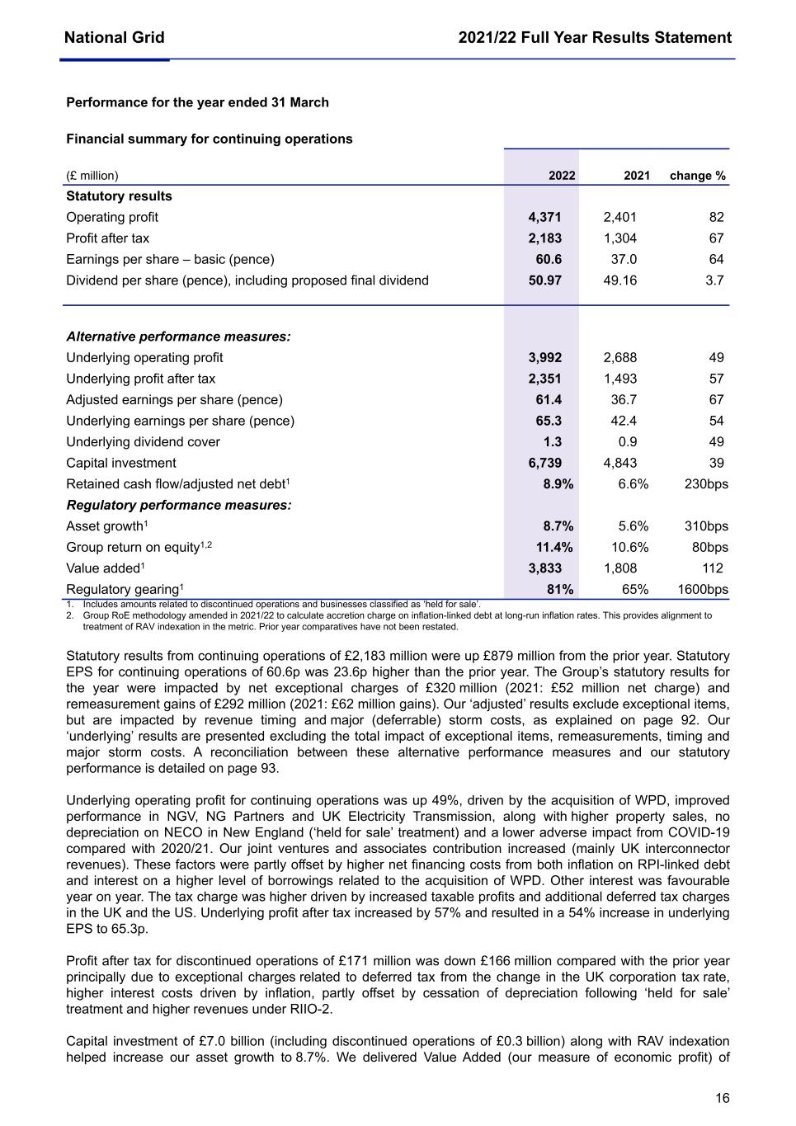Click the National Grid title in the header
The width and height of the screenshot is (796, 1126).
(114, 37)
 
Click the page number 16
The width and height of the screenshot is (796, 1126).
(722, 1098)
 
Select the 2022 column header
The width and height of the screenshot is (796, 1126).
(562, 176)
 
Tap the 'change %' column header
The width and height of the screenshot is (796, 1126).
(697, 176)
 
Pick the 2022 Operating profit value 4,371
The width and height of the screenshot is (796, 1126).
(544, 217)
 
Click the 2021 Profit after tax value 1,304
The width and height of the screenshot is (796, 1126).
(619, 238)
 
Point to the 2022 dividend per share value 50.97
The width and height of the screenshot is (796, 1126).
(544, 280)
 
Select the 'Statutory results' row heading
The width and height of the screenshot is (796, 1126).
(119, 196)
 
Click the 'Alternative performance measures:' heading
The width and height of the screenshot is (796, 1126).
(178, 337)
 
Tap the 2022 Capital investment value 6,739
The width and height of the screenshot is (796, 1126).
(544, 463)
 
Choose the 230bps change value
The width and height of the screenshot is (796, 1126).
(706, 484)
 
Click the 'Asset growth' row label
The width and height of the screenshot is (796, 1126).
(106, 526)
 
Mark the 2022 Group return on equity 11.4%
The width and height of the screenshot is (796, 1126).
(554, 547)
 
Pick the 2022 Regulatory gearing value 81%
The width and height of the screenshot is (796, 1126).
(560, 589)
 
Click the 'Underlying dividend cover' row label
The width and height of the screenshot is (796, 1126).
(143, 442)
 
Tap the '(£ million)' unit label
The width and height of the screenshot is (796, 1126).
(92, 176)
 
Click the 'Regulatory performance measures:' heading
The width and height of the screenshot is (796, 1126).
(178, 505)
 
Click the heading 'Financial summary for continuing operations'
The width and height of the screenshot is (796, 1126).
(209, 139)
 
